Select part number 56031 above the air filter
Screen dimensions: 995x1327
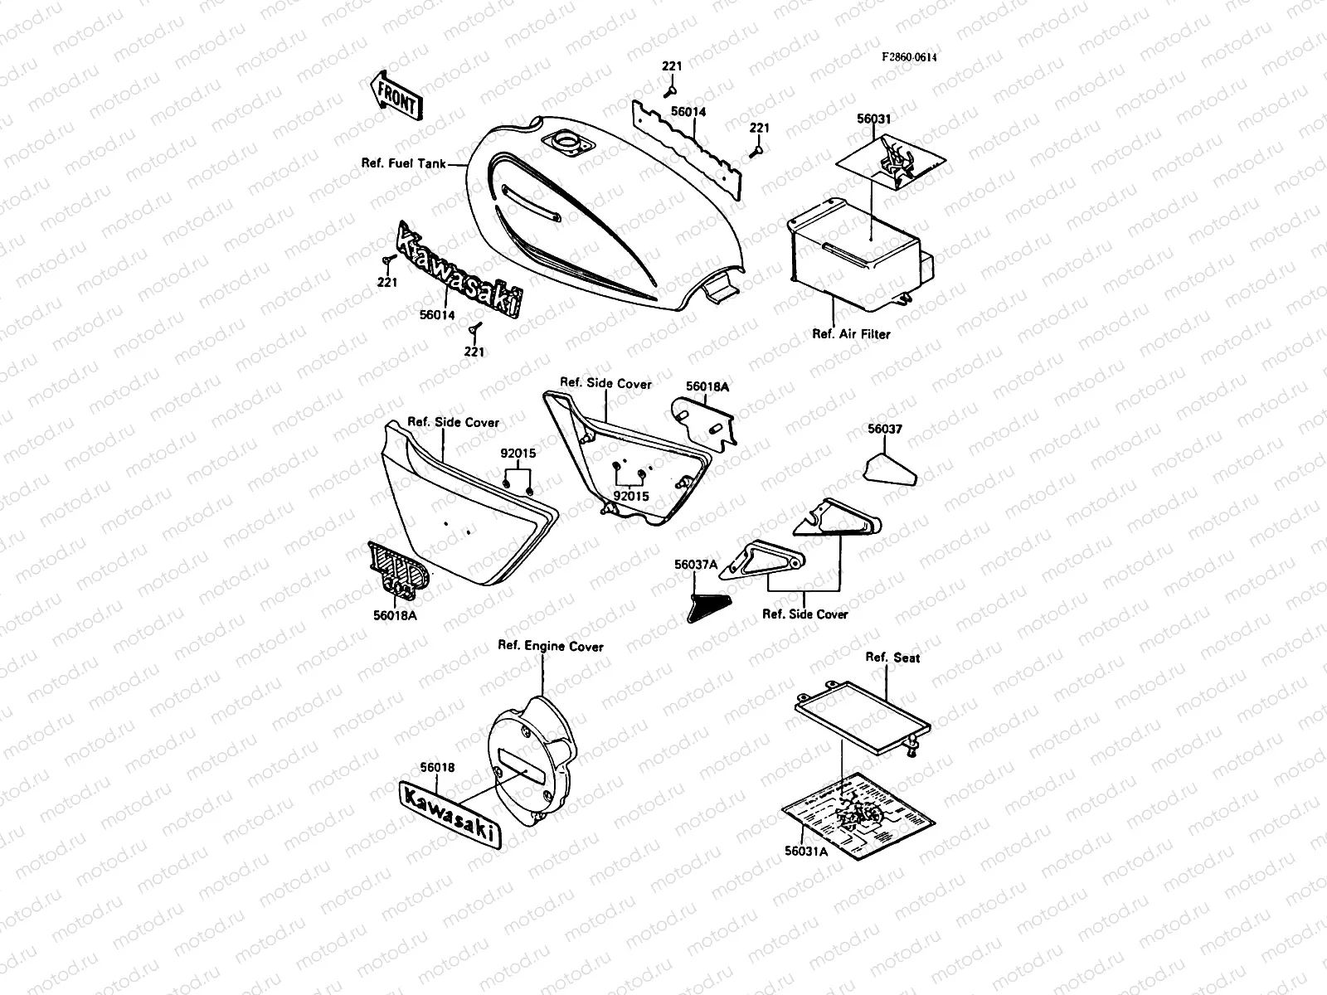(873, 119)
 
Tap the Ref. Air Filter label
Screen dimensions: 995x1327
(851, 334)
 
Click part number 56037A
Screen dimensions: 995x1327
(696, 565)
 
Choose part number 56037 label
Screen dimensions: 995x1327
(885, 430)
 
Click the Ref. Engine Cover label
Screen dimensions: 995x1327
(550, 646)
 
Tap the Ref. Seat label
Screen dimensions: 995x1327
(892, 658)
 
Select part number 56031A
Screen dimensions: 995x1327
(805, 850)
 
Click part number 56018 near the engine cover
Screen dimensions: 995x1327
(437, 768)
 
